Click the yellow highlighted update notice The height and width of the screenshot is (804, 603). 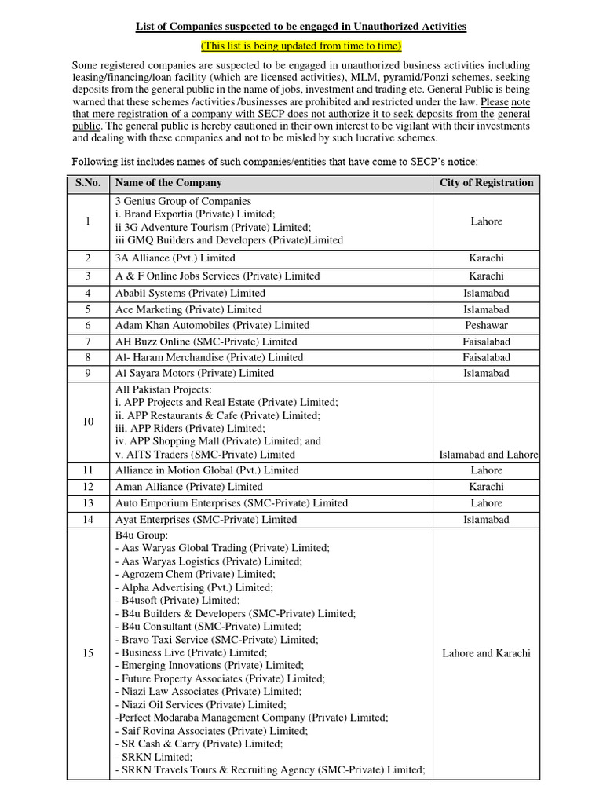point(301,45)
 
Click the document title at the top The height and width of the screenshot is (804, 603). point(301,26)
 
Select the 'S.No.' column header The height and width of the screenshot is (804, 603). point(89,183)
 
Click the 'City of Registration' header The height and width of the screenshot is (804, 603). point(486,183)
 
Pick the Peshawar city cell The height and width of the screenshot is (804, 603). point(486,325)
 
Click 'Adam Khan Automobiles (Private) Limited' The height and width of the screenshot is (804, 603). point(212,325)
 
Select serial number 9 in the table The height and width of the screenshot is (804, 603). point(89,373)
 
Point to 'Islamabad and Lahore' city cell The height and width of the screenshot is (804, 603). point(488,455)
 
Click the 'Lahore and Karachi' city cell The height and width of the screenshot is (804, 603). point(486,653)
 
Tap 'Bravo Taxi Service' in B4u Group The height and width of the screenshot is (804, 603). point(217,640)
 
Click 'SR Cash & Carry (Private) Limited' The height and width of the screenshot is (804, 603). point(199,744)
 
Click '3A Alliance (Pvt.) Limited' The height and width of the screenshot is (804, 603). point(175,258)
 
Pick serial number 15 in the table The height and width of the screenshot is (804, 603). point(89,653)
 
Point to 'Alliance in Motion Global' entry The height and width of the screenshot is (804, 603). point(206,470)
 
